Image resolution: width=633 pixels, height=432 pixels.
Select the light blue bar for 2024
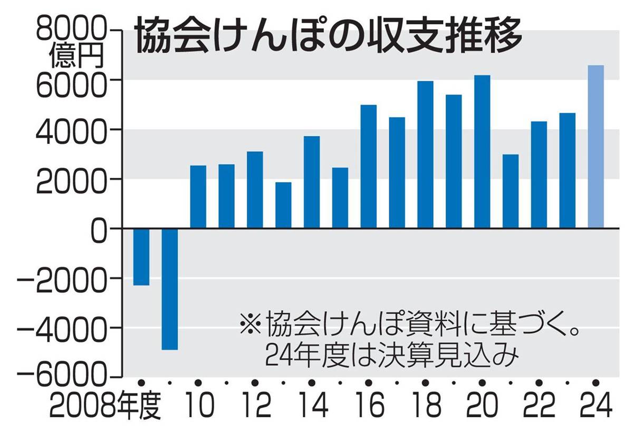(x=596, y=147)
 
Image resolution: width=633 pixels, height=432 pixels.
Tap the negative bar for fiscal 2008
(x=141, y=257)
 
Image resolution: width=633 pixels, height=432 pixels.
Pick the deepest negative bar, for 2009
(x=169, y=289)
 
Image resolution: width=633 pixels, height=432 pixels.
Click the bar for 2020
(x=482, y=152)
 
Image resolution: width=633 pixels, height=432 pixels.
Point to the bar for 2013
(x=283, y=205)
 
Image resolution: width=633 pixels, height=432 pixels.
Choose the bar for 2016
(x=368, y=167)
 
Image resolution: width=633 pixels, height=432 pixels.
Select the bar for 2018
(x=425, y=155)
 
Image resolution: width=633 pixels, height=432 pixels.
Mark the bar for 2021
(x=511, y=191)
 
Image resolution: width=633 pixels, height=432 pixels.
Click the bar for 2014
(x=312, y=182)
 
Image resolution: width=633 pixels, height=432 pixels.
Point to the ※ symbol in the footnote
(x=251, y=322)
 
